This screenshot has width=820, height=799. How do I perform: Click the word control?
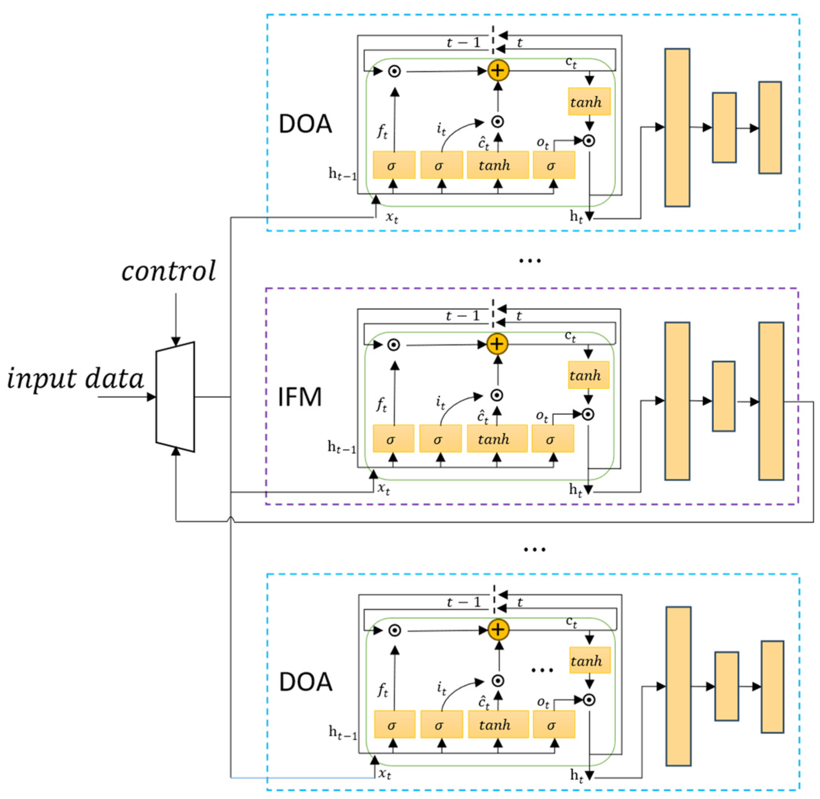(169, 271)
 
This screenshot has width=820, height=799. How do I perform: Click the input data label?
(75, 379)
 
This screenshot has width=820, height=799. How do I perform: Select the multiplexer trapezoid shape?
(175, 397)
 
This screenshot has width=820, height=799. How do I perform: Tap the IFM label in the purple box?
(300, 397)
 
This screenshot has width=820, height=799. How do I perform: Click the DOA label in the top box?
(305, 124)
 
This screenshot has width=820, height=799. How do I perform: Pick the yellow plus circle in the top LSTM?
(498, 70)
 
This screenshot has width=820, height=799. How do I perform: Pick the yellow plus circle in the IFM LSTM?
(497, 344)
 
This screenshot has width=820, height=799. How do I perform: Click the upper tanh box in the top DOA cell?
(589, 101)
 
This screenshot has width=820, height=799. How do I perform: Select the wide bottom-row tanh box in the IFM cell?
(497, 439)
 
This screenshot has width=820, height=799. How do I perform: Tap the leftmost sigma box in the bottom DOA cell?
(394, 725)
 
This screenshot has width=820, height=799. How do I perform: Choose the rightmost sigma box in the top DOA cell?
(554, 165)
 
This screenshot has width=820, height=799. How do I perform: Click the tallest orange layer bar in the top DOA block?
(677, 128)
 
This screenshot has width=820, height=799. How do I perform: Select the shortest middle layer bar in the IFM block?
(724, 396)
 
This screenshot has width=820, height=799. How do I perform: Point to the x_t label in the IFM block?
(383, 488)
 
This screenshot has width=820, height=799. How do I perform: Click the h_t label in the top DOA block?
(576, 217)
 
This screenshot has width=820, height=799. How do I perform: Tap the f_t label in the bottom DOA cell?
(382, 690)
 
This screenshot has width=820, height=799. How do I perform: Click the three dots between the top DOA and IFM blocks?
(530, 261)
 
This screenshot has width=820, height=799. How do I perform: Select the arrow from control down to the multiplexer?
(176, 319)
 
